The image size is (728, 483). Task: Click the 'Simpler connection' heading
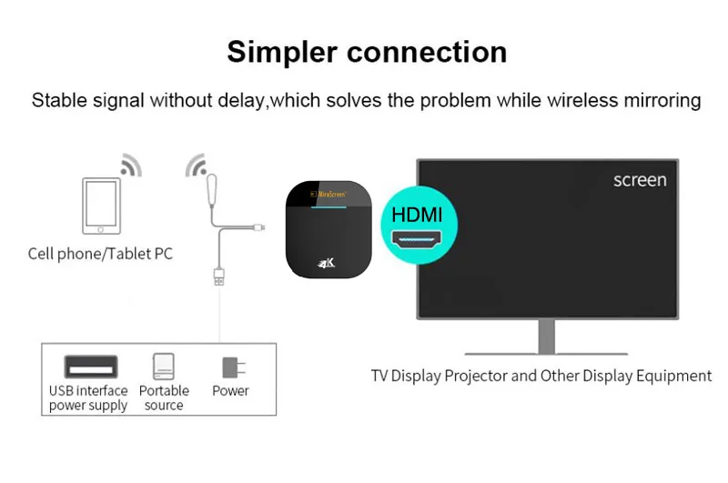click(x=367, y=52)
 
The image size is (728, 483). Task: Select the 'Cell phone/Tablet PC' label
click(x=100, y=254)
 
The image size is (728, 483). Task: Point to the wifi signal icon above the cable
click(x=197, y=166)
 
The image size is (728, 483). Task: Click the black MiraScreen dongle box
click(x=329, y=228)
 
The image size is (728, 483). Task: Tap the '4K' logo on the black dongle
click(x=327, y=264)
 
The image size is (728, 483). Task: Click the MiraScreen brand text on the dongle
click(x=329, y=194)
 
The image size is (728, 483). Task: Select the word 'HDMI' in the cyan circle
click(x=417, y=216)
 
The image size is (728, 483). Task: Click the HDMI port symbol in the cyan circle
click(x=418, y=241)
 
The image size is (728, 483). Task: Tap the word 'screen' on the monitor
click(x=640, y=180)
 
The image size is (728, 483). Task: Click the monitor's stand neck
click(x=546, y=335)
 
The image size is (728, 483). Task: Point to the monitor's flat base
click(x=546, y=351)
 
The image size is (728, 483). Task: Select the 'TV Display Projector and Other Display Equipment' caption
click(x=541, y=376)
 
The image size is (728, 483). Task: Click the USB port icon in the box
click(x=90, y=367)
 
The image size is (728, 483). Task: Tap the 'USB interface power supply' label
click(x=88, y=398)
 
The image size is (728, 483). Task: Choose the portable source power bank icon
click(x=164, y=367)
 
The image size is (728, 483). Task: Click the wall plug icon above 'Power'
click(x=231, y=367)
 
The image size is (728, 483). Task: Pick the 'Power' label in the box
click(x=230, y=391)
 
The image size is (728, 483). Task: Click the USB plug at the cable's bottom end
click(x=218, y=276)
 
